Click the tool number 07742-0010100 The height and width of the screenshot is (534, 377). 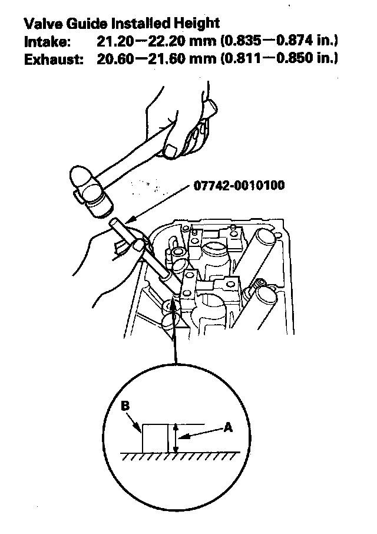[x=239, y=187]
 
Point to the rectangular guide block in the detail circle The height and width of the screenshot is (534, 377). [x=156, y=438]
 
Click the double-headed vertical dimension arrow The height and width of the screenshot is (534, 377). [x=176, y=438]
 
